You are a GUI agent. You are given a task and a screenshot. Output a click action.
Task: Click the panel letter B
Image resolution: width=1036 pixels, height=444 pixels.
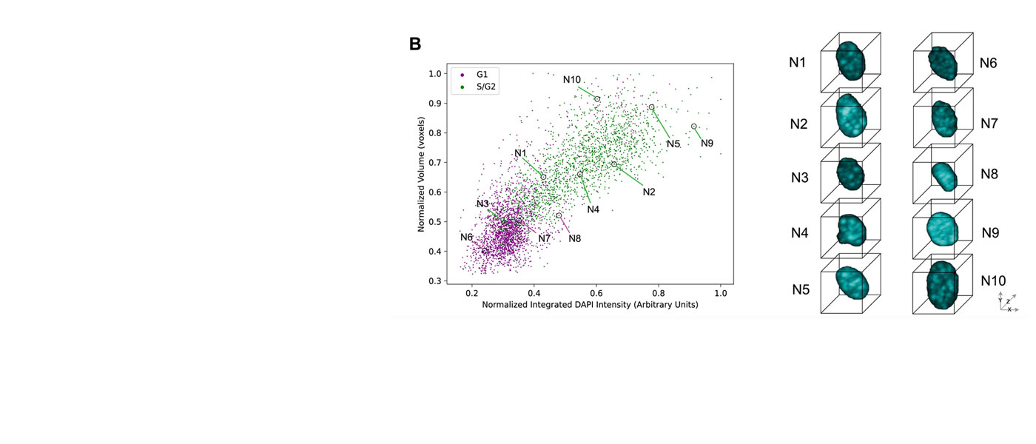click(x=415, y=44)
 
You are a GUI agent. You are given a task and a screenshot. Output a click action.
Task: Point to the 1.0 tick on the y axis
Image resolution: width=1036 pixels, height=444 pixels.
click(x=434, y=74)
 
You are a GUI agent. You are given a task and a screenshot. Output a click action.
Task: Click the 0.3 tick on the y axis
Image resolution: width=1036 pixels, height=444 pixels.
click(x=434, y=281)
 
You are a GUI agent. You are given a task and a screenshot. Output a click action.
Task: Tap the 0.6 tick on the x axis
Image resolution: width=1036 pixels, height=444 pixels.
click(x=596, y=293)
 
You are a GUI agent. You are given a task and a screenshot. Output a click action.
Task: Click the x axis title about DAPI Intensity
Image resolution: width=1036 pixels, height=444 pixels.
click(x=590, y=305)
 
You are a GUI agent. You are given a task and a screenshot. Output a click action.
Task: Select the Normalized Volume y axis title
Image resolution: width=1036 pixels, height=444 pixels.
click(x=421, y=178)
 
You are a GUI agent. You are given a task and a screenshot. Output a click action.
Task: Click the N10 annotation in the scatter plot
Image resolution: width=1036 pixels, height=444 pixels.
click(x=572, y=80)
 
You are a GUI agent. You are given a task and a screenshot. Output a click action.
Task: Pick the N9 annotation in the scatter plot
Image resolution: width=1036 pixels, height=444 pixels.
click(x=707, y=144)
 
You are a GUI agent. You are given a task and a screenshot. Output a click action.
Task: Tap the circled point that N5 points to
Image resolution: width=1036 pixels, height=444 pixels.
click(x=651, y=107)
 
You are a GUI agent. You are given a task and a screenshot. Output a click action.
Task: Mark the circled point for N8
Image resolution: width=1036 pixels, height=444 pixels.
click(x=559, y=215)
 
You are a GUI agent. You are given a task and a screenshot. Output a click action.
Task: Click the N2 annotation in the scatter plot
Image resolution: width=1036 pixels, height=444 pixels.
click(x=649, y=192)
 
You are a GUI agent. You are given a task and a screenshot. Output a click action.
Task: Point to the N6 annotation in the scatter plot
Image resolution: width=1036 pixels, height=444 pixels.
click(x=466, y=237)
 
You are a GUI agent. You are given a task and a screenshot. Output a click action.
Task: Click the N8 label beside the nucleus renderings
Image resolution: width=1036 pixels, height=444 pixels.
click(x=989, y=175)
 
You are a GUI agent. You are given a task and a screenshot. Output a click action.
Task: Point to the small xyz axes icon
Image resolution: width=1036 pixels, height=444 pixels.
click(x=1006, y=302)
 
